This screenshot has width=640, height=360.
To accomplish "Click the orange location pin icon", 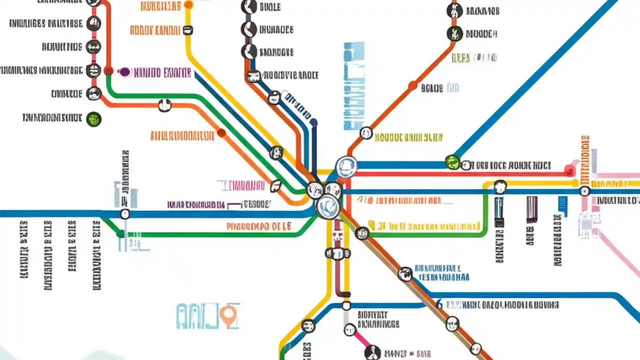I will (x=229, y=315).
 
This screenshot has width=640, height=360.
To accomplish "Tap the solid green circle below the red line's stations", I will (x=94, y=119).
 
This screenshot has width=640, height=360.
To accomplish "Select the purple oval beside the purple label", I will (x=124, y=72).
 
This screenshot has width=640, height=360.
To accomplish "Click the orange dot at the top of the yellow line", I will (x=188, y=5).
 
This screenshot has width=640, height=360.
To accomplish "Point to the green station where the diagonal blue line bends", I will (x=452, y=162).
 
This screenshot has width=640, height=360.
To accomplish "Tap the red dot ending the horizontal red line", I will (x=569, y=171).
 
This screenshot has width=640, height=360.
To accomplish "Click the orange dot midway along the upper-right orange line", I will (x=412, y=85).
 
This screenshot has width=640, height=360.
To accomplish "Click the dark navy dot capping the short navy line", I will (x=313, y=121).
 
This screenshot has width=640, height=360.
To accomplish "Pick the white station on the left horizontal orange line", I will (x=164, y=105).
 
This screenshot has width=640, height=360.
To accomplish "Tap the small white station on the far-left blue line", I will (x=125, y=214).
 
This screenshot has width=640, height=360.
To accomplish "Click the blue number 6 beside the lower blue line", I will (x=438, y=304).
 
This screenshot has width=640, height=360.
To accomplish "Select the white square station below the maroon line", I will (x=346, y=305).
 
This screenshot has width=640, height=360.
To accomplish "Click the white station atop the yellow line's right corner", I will (x=499, y=186).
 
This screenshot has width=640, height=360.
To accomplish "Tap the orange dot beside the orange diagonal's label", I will (x=221, y=133).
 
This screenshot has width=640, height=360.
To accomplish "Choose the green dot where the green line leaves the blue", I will (x=120, y=233).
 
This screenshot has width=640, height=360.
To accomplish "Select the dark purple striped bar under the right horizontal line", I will (x=532, y=209).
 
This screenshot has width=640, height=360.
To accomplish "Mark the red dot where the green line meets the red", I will (x=108, y=71).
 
